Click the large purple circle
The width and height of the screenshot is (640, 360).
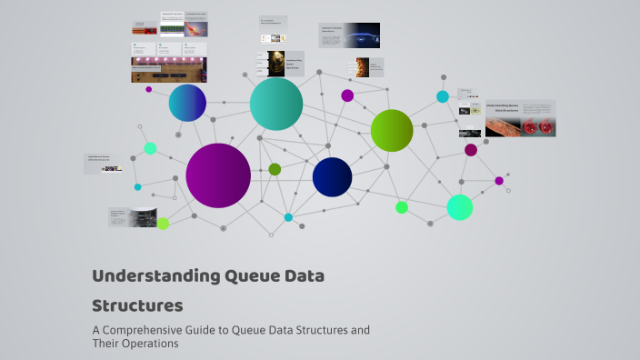218,175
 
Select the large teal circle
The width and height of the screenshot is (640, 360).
276,104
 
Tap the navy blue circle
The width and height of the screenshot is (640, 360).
332,176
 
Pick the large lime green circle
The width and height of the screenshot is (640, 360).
392,130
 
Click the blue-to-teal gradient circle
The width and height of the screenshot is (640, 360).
187,103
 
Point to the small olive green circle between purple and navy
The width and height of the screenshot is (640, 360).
275,169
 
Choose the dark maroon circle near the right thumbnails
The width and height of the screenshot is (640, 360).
471,150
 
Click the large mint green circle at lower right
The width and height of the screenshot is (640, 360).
460,207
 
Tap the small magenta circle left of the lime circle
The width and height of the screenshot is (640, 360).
347,95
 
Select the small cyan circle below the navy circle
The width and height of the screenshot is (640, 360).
288,217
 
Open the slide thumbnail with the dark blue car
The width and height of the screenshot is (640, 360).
349,35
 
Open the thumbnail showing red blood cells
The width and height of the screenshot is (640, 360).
520,119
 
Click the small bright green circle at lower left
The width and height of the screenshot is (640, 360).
163,224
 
